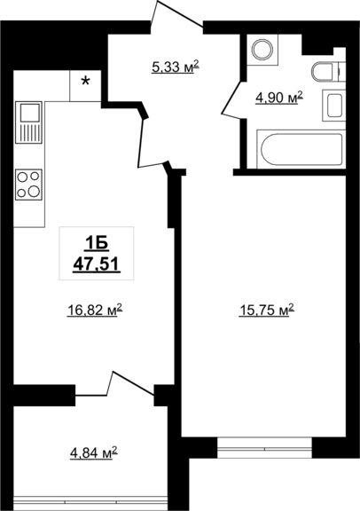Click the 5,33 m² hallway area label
click(176, 67)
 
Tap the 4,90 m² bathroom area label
click(279, 97)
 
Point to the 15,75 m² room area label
click(267, 310)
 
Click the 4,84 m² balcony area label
click(94, 452)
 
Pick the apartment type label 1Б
click(97, 243)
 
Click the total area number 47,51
click(97, 263)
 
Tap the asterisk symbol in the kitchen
click(85, 82)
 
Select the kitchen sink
click(28, 122)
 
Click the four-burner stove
click(28, 185)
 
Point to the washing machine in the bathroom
click(262, 50)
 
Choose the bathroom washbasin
click(334, 106)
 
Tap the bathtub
click(301, 149)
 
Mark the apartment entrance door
click(177, 16)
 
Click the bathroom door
click(233, 99)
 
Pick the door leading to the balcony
click(114, 383)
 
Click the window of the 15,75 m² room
click(264, 448)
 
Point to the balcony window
click(91, 502)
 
